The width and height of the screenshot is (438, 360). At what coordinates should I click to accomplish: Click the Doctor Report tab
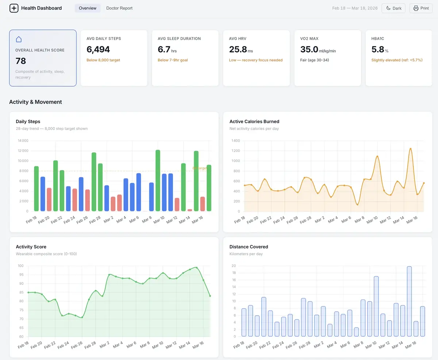point(119,8)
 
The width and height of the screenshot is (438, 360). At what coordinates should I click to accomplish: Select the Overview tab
point(88,8)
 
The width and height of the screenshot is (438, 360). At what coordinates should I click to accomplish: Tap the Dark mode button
point(393,8)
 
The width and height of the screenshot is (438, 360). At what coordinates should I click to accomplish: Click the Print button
point(421,8)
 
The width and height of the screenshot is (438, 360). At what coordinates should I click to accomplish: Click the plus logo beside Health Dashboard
point(14,8)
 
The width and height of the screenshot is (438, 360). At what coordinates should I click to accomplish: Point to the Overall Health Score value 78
point(20,61)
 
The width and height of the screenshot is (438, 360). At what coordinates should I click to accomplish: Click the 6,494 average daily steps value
point(98,49)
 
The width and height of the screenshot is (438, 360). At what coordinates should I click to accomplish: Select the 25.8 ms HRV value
point(241,50)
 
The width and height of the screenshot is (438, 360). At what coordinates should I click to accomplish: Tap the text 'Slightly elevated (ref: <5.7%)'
point(397,60)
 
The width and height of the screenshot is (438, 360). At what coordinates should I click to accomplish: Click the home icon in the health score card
point(19,39)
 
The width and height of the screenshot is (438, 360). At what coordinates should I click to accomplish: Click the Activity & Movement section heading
point(35,102)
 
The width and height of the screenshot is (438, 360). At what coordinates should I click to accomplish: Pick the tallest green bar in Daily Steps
point(158,180)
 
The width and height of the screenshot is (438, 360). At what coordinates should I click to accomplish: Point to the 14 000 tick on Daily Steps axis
point(23,141)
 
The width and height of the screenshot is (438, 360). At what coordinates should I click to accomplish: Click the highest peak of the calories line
point(411,149)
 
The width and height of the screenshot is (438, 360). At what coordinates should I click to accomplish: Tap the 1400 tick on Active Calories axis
point(236,141)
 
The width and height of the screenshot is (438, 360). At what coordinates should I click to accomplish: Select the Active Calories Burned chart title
point(254,122)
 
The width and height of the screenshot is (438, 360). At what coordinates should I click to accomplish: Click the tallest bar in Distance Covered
point(409,302)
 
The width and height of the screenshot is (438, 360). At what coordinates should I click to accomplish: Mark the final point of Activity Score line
point(210,296)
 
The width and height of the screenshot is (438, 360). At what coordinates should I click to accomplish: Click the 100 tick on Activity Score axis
point(21,266)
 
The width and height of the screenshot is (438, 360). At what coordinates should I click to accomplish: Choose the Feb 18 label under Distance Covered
point(239,345)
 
